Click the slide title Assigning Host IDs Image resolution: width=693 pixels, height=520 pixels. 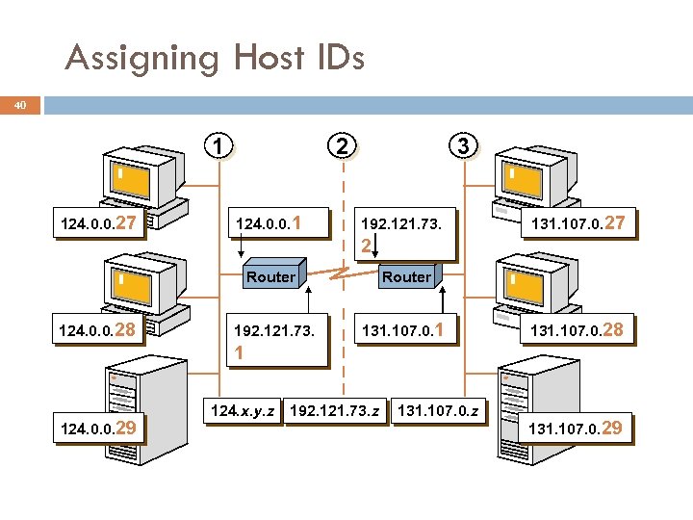click(215, 59)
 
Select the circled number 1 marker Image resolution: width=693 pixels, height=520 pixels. click(221, 146)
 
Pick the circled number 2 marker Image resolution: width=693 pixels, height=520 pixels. click(341, 146)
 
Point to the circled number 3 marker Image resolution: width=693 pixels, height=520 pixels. click(464, 146)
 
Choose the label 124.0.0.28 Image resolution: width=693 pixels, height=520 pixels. click(101, 331)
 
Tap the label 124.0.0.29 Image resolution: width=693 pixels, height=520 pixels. click(101, 427)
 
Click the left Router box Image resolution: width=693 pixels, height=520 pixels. click(270, 276)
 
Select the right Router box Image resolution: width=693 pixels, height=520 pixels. click(406, 276)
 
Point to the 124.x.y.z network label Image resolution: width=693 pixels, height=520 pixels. click(243, 411)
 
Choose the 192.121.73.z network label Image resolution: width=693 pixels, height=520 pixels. click(334, 411)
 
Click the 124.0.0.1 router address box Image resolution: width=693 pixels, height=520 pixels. click(270, 225)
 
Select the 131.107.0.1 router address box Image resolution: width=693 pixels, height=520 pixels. click(403, 331)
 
